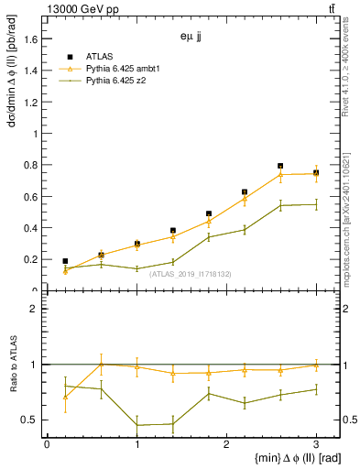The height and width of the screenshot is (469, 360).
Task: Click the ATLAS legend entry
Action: pos(99,57)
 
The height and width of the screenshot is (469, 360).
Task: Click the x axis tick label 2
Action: pos(226,444)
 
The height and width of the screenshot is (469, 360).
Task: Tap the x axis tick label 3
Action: pos(316,444)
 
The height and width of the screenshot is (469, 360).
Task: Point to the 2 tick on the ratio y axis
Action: pos(34,309)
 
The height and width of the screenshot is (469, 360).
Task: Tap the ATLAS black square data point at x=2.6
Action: pos(280,166)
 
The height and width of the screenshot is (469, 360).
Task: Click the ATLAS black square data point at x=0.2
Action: pos(65,261)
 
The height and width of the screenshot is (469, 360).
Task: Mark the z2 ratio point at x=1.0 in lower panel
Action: pos(136,425)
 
